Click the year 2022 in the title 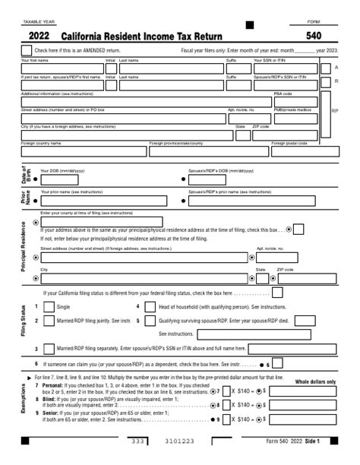click(40, 35)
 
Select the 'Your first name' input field click(61, 68)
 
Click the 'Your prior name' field click(106, 201)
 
